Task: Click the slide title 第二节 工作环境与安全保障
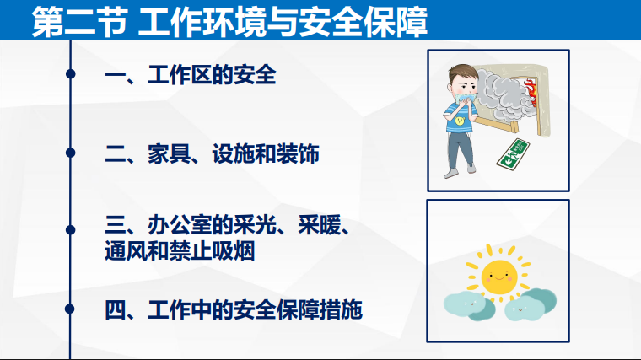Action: (x=229, y=22)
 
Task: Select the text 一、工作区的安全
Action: (x=191, y=75)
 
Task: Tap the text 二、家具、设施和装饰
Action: (x=212, y=154)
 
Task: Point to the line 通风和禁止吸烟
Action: (x=180, y=251)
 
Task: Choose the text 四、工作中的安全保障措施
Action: (x=234, y=309)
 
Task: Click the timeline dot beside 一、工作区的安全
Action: (x=70, y=74)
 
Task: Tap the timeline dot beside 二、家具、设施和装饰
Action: (x=70, y=153)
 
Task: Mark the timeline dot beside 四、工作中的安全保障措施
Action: (x=70, y=309)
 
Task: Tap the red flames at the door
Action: (x=531, y=93)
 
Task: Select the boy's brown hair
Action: (x=462, y=73)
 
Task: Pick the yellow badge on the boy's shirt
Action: (x=461, y=121)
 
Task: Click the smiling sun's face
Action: (x=499, y=277)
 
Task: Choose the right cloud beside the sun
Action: (x=531, y=304)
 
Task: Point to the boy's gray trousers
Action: (x=461, y=149)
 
